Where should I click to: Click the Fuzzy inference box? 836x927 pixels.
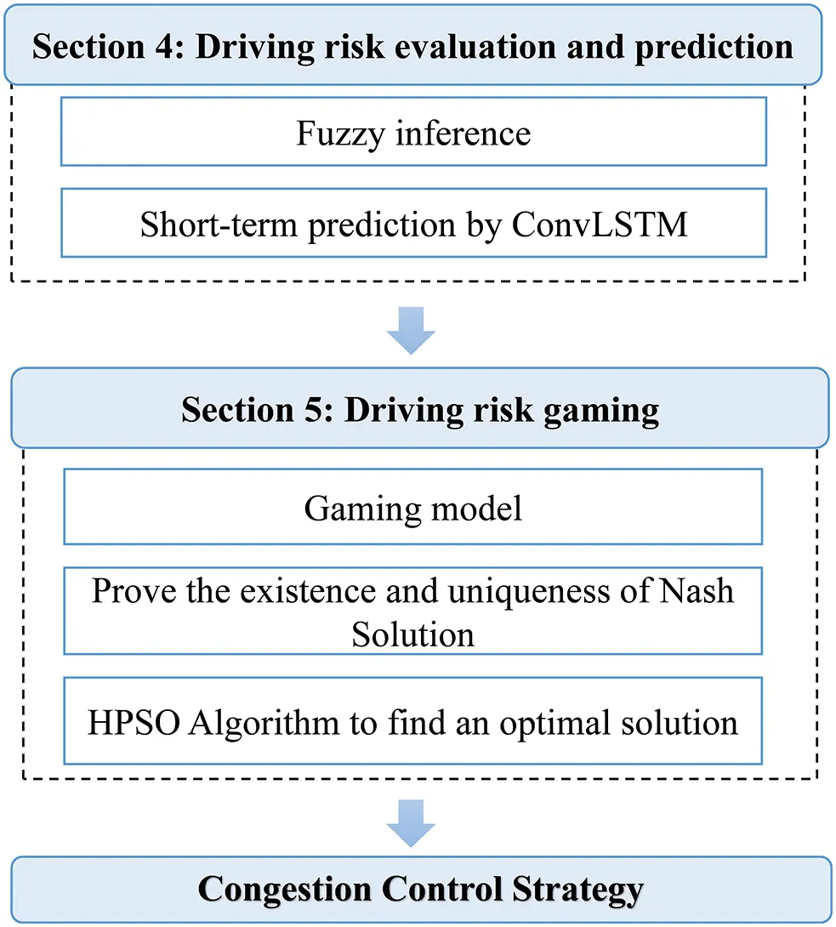(413, 132)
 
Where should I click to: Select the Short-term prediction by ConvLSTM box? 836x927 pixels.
(413, 224)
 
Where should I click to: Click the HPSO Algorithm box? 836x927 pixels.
(413, 723)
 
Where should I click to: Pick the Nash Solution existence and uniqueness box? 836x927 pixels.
(413, 612)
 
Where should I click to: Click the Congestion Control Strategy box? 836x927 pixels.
(420, 890)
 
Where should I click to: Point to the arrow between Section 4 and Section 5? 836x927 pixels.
(411, 330)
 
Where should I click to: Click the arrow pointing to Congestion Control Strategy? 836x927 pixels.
(411, 822)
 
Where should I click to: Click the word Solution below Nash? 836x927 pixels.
(413, 634)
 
